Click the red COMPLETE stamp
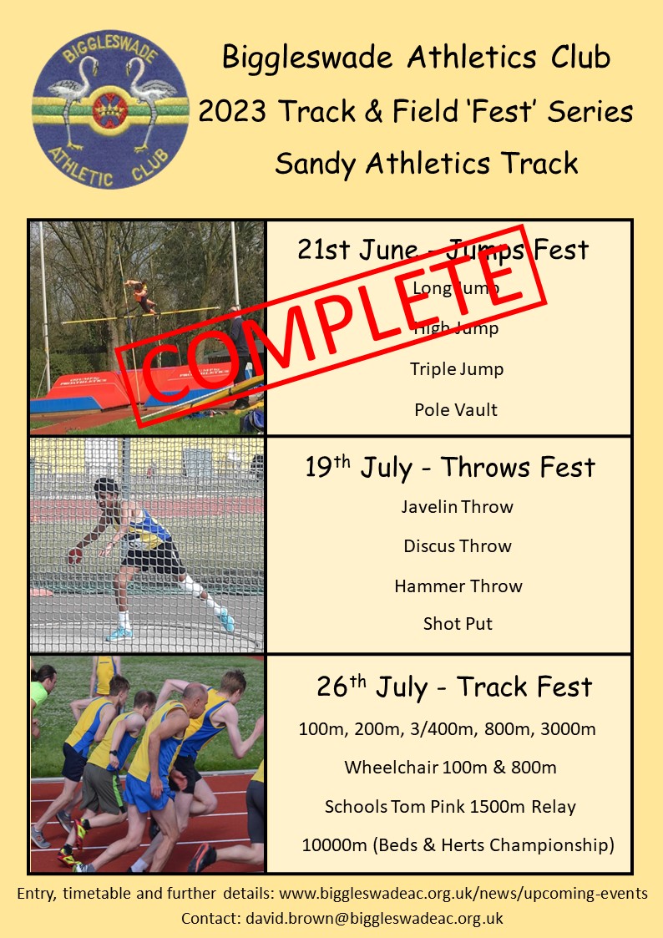click(334, 309)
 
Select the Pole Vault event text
click(455, 410)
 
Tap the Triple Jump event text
click(456, 369)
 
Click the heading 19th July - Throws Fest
click(449, 468)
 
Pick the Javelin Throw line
click(457, 507)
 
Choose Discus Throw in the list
click(457, 546)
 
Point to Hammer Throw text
click(458, 586)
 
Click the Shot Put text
click(458, 624)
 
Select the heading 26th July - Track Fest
click(454, 687)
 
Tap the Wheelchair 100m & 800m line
click(450, 767)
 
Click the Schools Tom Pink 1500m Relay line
click(450, 807)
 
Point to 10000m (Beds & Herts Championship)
click(458, 845)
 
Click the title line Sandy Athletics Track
click(426, 163)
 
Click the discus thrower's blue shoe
click(225, 621)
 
